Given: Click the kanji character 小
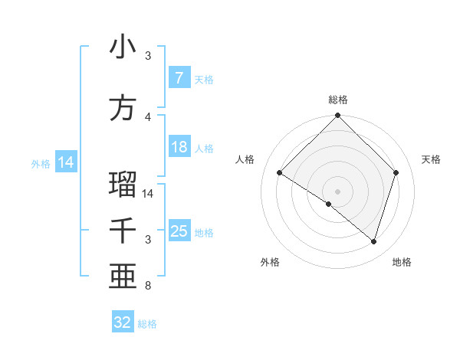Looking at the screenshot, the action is click(x=123, y=47).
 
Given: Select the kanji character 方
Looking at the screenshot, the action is click(x=123, y=109).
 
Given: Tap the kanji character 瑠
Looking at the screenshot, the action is click(x=123, y=185).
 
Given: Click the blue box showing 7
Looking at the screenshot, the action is click(x=179, y=78).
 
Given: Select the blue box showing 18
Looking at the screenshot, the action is click(x=179, y=147).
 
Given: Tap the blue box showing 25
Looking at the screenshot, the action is click(x=179, y=231).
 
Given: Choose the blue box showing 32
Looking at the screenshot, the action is click(x=123, y=322).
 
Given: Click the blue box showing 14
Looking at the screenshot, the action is click(x=66, y=162).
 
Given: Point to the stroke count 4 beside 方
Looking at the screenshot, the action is click(x=148, y=117).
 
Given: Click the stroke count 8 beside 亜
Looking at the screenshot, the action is click(x=148, y=286).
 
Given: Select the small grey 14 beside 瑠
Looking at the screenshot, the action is click(x=149, y=194).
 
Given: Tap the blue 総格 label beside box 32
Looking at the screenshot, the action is click(x=147, y=324).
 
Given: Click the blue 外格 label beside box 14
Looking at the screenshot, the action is click(x=41, y=164).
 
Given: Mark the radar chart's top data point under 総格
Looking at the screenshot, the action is click(x=337, y=116).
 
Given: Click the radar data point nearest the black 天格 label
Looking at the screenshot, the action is click(x=396, y=173).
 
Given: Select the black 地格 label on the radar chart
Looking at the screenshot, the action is click(x=402, y=262).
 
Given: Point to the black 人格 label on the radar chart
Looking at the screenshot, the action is click(x=245, y=159).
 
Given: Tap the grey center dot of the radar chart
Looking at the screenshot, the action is click(x=337, y=191).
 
